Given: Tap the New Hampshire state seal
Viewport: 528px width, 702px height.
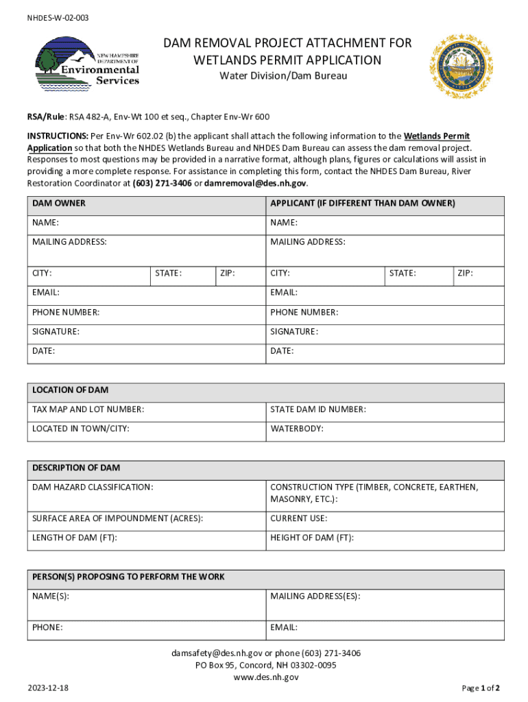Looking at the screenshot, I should [461, 66].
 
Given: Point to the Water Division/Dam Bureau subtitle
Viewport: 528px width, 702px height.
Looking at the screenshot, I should [283, 75].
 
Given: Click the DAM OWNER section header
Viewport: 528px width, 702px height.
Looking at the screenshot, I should [59, 204].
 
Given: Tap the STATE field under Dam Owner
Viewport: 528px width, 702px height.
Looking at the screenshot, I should [182, 274].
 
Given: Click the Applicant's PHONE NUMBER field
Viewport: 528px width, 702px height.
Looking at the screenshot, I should [384, 313].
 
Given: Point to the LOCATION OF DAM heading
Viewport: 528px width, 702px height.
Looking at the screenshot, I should [70, 390].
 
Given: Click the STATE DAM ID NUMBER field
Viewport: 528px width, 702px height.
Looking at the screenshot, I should [384, 410].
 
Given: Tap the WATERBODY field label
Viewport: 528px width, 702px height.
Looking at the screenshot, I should [297, 429].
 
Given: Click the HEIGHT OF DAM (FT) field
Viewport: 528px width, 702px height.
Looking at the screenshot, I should [384, 538].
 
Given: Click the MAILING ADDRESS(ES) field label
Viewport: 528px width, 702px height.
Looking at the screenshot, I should [315, 596].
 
